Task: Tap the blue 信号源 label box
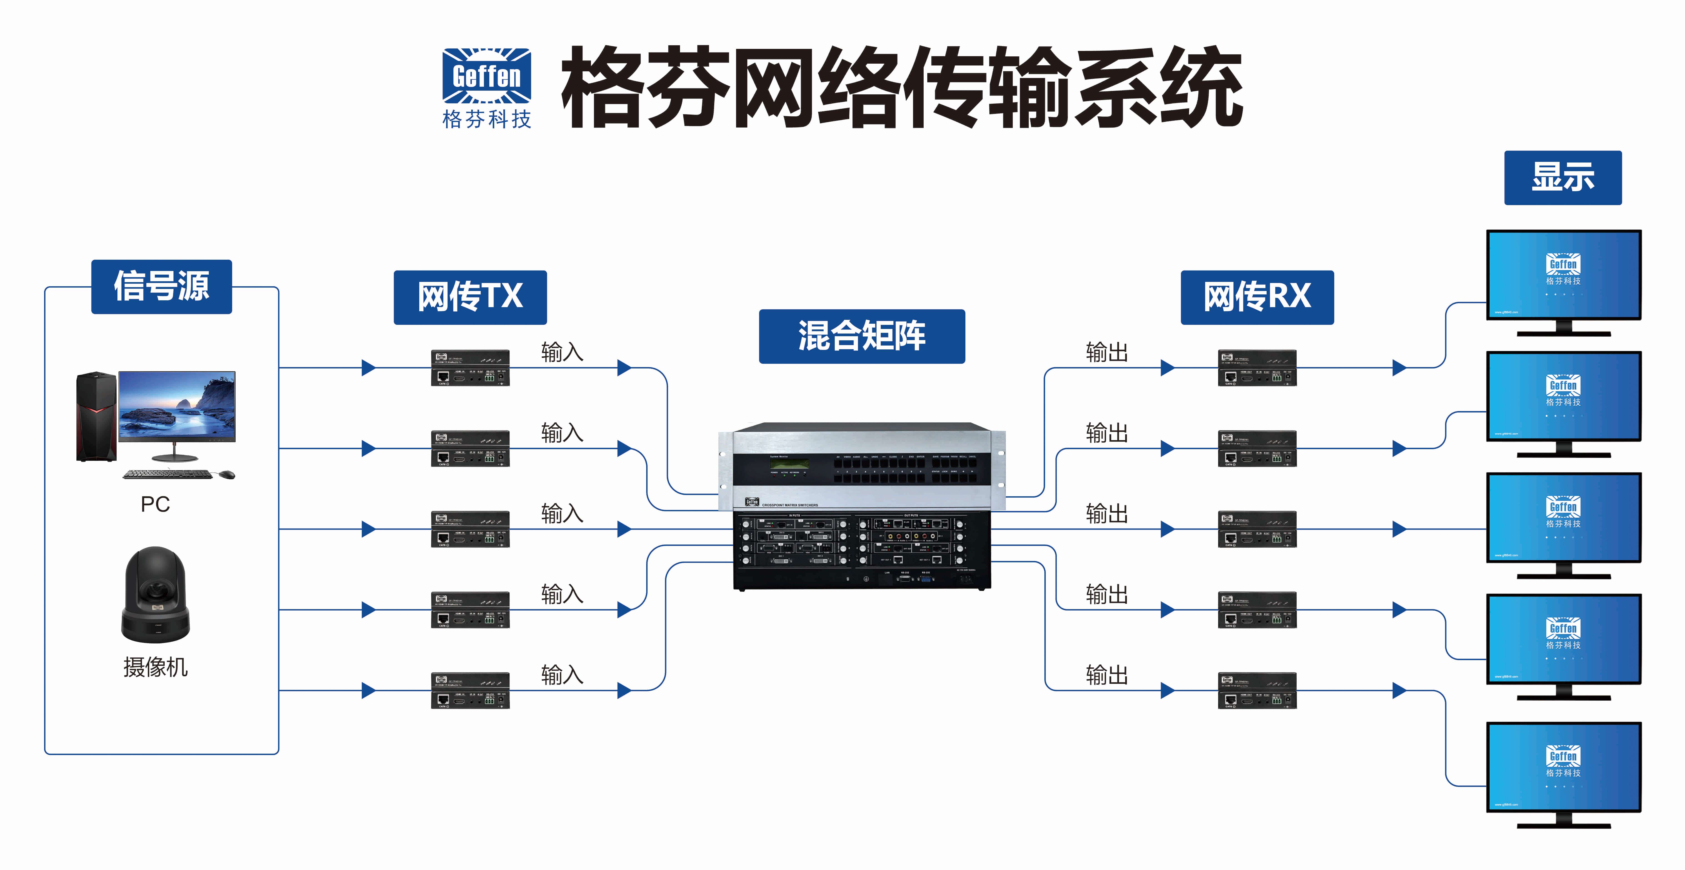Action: click(162, 286)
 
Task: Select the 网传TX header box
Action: click(470, 297)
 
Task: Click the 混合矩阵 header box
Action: click(861, 336)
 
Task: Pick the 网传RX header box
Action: click(1257, 297)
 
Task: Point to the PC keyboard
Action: click(167, 474)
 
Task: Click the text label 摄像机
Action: click(156, 667)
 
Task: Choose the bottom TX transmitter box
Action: click(470, 690)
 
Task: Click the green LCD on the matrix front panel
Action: click(789, 464)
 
